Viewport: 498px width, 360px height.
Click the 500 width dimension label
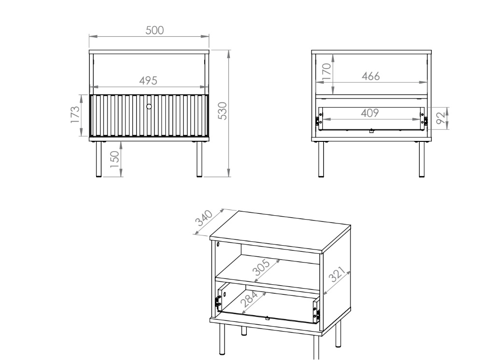pyautogui.click(x=155, y=30)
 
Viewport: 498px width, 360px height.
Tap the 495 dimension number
pyautogui.click(x=148, y=81)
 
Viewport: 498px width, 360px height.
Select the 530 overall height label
pyautogui.click(x=223, y=111)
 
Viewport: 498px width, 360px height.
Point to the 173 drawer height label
pyautogui.click(x=75, y=114)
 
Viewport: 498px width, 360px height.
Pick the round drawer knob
pyautogui.click(x=149, y=107)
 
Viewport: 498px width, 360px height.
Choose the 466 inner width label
pyautogui.click(x=370, y=76)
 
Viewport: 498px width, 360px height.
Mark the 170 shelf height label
pyautogui.click(x=326, y=72)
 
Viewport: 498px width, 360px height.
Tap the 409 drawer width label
pyautogui.click(x=370, y=113)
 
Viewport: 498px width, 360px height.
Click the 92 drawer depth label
pyautogui.click(x=441, y=118)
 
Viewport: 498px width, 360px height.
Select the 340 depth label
pyautogui.click(x=204, y=218)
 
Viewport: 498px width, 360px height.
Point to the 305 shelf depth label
pyautogui.click(x=261, y=268)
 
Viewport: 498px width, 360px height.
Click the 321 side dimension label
pyautogui.click(x=336, y=275)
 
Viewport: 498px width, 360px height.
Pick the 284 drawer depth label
pyautogui.click(x=249, y=299)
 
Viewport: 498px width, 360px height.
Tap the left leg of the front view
pyautogui.click(x=99, y=159)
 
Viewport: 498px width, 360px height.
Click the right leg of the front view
pyautogui.click(x=199, y=159)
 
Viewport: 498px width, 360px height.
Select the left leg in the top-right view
pyautogui.click(x=321, y=159)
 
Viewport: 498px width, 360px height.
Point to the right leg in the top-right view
pyautogui.click(x=422, y=159)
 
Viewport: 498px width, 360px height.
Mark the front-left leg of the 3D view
pyautogui.click(x=222, y=339)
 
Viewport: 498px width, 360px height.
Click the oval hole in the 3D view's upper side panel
pyautogui.click(x=218, y=244)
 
